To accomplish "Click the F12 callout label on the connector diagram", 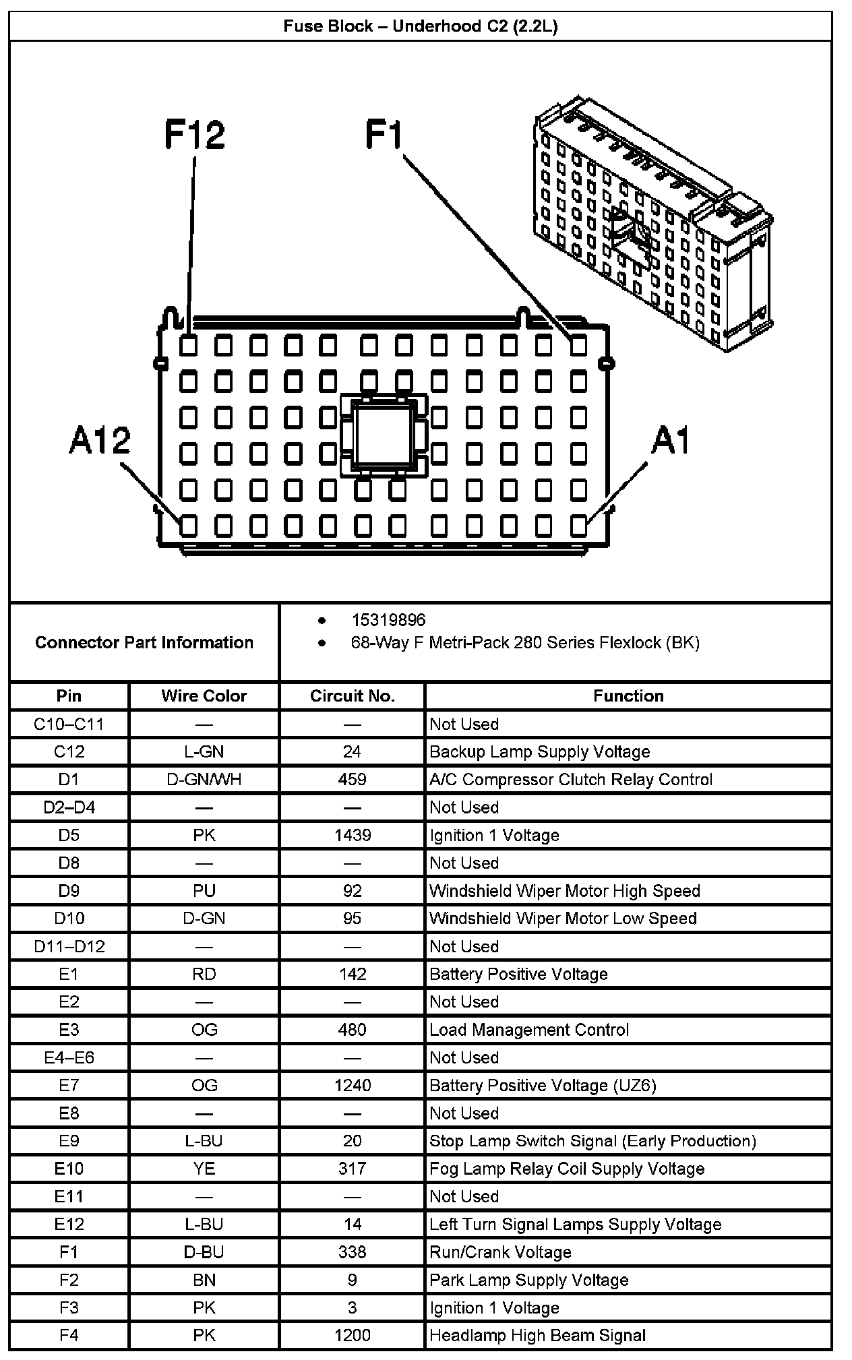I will pyautogui.click(x=194, y=135).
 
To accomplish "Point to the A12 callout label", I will pyautogui.click(x=100, y=441).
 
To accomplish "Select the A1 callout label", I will pyautogui.click(x=671, y=441).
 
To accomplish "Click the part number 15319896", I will pyautogui.click(x=388, y=620).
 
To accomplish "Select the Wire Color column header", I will pyautogui.click(x=204, y=696).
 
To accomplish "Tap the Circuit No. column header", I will pyautogui.click(x=352, y=696).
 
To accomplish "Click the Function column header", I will pyautogui.click(x=628, y=696).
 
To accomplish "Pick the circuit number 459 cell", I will pyautogui.click(x=352, y=780).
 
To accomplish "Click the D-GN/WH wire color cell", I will pyautogui.click(x=204, y=780).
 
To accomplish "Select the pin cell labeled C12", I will pyautogui.click(x=69, y=751).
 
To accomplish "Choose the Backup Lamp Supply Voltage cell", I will pyautogui.click(x=539, y=751).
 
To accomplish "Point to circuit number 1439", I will pyautogui.click(x=352, y=836).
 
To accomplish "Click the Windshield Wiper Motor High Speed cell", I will pyautogui.click(x=565, y=891).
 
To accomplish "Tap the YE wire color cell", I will pyautogui.click(x=204, y=1169).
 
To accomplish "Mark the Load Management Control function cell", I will pyautogui.click(x=529, y=1030).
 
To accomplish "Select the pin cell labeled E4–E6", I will pyautogui.click(x=69, y=1057).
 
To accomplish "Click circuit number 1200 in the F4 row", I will pyautogui.click(x=352, y=1335).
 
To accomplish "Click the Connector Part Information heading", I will pyautogui.click(x=144, y=642).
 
